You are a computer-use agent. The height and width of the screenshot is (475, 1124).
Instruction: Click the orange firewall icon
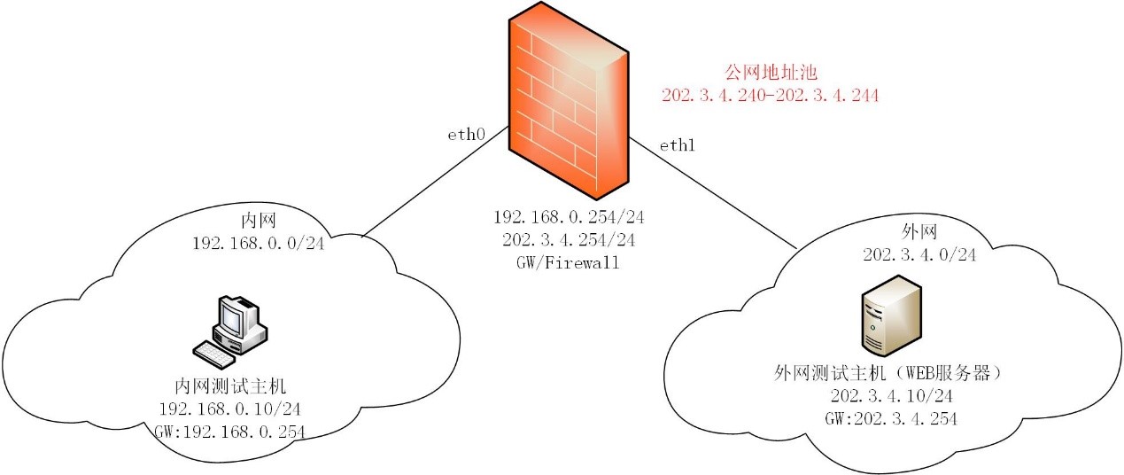[x=569, y=101]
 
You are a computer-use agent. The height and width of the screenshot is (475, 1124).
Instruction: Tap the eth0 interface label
[x=466, y=135]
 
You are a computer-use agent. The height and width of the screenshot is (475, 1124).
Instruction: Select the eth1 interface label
[x=677, y=145]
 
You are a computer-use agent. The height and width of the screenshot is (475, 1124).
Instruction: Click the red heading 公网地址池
[x=771, y=73]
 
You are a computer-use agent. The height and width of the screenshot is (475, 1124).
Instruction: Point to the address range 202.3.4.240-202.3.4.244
[x=771, y=96]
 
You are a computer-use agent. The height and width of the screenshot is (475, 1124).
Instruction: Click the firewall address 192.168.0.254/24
[x=569, y=217]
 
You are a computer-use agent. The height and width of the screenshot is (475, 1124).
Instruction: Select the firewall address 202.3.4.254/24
[x=569, y=240]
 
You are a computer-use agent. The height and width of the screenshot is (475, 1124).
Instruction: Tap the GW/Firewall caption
[x=568, y=262]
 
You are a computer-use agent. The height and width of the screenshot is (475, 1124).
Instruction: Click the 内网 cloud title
[x=259, y=221]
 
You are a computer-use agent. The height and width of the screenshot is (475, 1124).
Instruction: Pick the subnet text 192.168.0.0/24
[x=259, y=244]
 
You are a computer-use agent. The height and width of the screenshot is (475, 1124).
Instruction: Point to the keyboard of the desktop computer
[x=213, y=355]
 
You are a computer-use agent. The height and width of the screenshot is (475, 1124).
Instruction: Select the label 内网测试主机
[x=230, y=386]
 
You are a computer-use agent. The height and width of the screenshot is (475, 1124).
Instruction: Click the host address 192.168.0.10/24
[x=229, y=409]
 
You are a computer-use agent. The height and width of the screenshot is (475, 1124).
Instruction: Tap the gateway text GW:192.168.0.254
[x=229, y=432]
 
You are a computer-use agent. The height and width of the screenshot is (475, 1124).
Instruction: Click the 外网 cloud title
[x=919, y=232]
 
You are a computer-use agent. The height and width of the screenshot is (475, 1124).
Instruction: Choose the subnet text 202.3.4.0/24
[x=919, y=255]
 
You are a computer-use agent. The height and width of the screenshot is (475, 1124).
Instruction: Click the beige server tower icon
[x=892, y=315]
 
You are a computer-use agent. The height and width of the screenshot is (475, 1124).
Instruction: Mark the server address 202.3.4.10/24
[x=892, y=396]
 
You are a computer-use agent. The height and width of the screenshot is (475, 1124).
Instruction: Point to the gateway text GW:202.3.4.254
[x=891, y=419]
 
